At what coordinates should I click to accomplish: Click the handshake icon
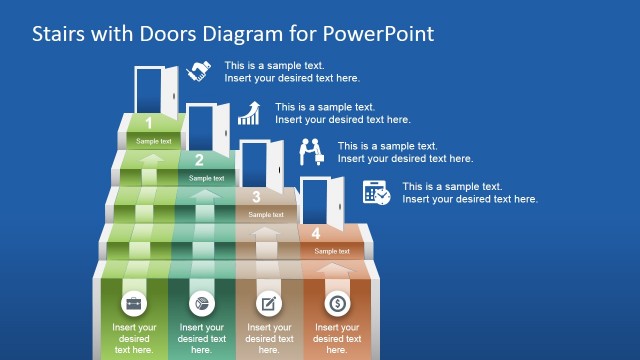click(x=199, y=71)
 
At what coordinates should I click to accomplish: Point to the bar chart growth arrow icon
click(x=249, y=113)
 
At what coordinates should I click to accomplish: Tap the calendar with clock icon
click(x=377, y=192)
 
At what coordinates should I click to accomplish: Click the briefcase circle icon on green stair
click(x=133, y=302)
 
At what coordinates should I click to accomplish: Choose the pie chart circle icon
click(x=200, y=302)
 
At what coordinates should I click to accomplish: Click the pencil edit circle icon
click(x=269, y=302)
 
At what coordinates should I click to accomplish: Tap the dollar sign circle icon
click(x=338, y=302)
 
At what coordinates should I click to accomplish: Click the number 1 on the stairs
click(x=148, y=124)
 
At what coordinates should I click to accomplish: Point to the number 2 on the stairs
click(x=199, y=160)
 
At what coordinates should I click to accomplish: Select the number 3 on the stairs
click(x=256, y=197)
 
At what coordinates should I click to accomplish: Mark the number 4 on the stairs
click(x=316, y=234)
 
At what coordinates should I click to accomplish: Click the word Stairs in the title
click(x=59, y=34)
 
